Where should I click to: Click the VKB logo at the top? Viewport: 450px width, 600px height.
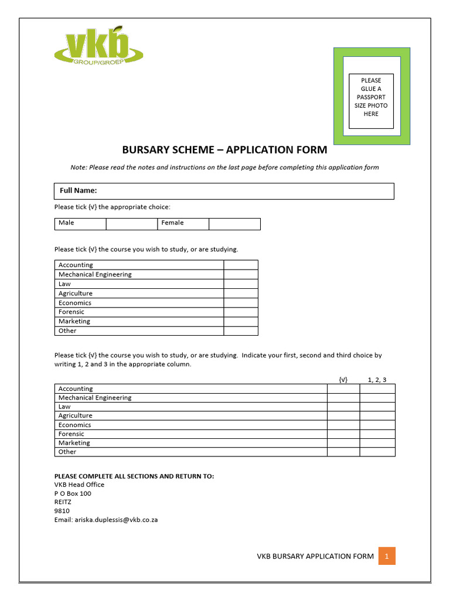98,47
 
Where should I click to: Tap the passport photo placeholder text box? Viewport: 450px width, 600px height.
371,101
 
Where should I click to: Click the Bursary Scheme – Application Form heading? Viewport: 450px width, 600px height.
224,150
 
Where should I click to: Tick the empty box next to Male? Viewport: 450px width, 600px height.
132,224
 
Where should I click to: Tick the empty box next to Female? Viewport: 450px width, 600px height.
234,224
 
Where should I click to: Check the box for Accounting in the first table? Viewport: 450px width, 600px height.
241,265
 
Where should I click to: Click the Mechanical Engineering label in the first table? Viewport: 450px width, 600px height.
95,274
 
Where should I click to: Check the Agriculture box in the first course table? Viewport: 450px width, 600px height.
241,293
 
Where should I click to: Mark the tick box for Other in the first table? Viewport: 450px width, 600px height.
241,330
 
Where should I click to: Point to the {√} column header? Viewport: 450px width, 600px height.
343,380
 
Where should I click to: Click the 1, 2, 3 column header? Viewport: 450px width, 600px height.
377,380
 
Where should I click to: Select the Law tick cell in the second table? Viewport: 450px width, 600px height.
343,407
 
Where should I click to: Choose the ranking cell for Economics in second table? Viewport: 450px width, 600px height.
377,425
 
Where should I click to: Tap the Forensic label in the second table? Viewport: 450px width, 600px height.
71,434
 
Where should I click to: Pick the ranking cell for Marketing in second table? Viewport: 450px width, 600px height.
377,443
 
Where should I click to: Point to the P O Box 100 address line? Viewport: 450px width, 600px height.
73,493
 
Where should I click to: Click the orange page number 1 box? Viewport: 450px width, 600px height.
387,556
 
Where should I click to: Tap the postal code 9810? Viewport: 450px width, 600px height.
62,511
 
